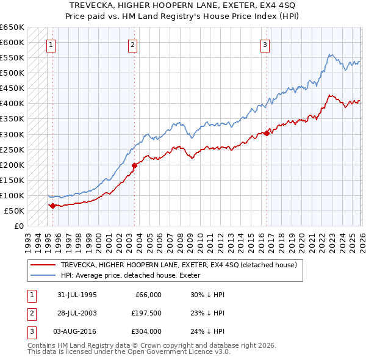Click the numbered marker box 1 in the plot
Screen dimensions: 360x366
pos(51,44)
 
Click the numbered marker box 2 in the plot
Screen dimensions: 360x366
pos(132,44)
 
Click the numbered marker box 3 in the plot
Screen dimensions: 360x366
pos(265,44)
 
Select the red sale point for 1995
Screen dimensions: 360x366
pos(53,206)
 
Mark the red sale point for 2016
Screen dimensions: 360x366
pos(267,133)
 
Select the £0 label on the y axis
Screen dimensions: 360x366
pos(18,226)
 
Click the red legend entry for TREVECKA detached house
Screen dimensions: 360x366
pos(178,265)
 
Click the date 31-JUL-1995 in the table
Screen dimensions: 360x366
pos(77,295)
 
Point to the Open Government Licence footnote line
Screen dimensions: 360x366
pos(129,353)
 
